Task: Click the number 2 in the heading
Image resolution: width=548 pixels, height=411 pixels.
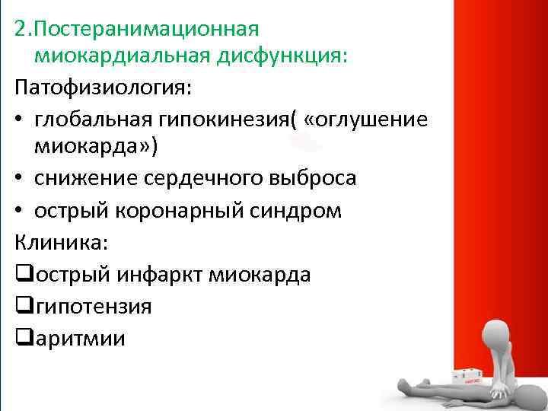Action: [21, 30]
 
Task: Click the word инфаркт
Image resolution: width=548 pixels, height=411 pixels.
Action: [156, 274]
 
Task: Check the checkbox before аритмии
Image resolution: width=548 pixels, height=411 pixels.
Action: [22, 336]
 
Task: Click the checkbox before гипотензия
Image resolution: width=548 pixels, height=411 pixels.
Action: [22, 305]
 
